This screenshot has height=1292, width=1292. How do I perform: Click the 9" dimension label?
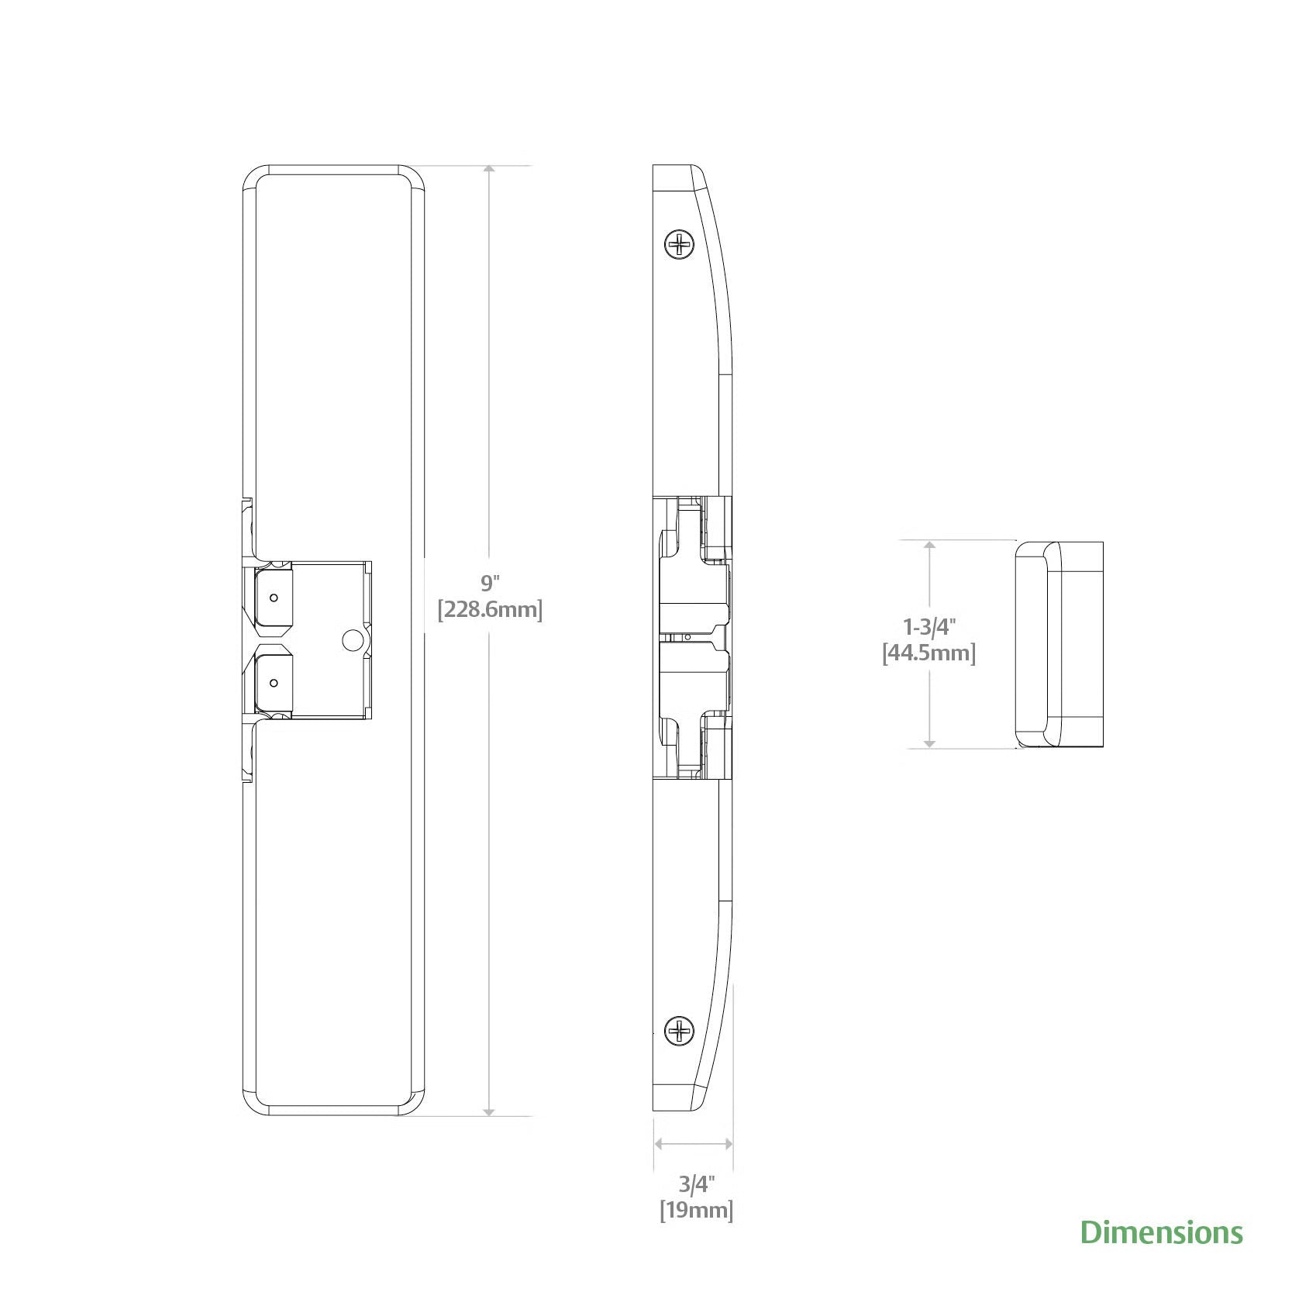(488, 583)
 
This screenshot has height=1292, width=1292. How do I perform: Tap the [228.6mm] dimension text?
(490, 609)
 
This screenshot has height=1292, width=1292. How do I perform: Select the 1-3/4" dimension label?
(929, 625)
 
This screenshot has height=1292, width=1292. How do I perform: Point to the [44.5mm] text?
(929, 653)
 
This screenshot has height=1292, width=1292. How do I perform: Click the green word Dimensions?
(1161, 1232)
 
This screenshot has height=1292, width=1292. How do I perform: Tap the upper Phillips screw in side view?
(680, 245)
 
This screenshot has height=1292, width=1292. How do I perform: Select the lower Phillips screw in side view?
(680, 1030)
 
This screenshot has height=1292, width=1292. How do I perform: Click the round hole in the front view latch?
(351, 639)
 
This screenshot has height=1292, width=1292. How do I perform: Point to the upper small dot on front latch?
(274, 598)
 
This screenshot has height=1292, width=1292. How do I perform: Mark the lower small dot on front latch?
(274, 683)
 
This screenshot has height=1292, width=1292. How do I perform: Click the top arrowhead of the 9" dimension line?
(488, 171)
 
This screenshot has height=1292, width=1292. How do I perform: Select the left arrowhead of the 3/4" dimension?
(660, 1143)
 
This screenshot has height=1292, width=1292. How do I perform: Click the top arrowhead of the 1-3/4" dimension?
(930, 546)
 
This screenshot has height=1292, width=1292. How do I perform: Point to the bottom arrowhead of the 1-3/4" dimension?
(930, 743)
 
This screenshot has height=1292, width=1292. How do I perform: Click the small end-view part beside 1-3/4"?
(1059, 644)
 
